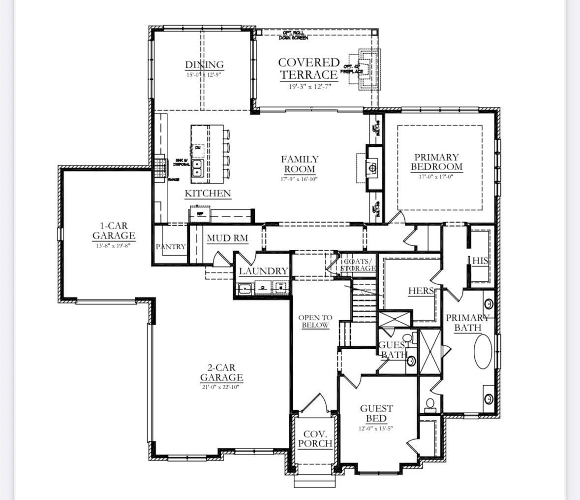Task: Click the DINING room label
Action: (x=204, y=65)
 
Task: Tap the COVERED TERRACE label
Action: (x=309, y=68)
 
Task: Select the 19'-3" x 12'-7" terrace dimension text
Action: (x=309, y=87)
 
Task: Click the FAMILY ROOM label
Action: (x=300, y=164)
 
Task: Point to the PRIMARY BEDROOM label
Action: (x=436, y=162)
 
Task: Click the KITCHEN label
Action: (x=208, y=193)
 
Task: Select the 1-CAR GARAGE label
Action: (x=114, y=231)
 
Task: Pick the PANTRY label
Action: (x=171, y=246)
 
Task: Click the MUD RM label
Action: (x=227, y=238)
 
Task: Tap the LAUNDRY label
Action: (x=263, y=271)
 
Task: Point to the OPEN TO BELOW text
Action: (x=315, y=321)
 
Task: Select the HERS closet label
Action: (x=421, y=291)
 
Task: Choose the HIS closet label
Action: (x=480, y=261)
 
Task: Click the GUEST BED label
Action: (x=376, y=413)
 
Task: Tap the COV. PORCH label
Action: (x=315, y=438)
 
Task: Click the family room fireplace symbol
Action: (x=373, y=168)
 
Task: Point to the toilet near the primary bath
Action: (x=430, y=404)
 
